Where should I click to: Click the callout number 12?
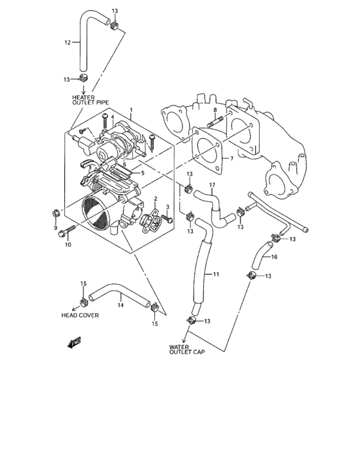point(67,43)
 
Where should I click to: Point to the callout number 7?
point(231,158)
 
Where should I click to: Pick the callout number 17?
point(212,186)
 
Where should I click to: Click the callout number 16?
point(273,256)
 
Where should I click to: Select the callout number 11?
point(216,274)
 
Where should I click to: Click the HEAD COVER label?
point(80,316)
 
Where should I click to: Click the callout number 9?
point(55,228)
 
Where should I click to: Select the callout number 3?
point(167,207)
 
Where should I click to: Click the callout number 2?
point(155,199)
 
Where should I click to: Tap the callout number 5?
point(143,173)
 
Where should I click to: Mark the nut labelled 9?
point(56,213)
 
